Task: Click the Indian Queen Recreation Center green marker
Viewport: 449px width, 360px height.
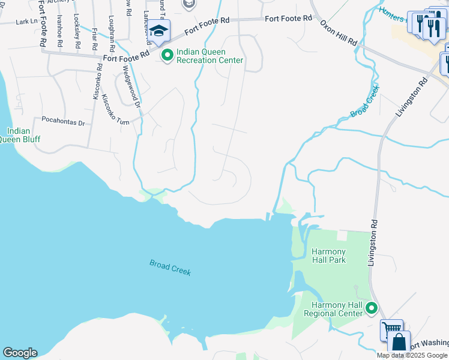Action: tap(167, 56)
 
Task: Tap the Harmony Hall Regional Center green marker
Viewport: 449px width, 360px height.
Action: tap(372, 309)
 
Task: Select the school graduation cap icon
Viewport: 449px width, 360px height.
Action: tap(159, 31)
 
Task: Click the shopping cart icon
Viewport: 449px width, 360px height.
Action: tap(390, 329)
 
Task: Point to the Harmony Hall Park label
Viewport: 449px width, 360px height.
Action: tap(329, 256)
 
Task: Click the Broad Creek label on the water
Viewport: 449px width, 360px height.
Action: tap(170, 268)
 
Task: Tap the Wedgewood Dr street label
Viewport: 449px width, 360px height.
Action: tap(131, 87)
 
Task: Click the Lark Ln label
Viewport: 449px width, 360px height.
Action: tap(26, 22)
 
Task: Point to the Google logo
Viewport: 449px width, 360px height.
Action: tap(20, 353)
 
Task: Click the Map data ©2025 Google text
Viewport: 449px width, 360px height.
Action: tap(412, 355)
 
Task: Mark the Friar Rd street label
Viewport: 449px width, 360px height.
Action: tap(95, 37)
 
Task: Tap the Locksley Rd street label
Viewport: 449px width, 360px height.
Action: tap(76, 32)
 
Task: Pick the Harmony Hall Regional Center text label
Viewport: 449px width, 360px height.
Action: tap(333, 309)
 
